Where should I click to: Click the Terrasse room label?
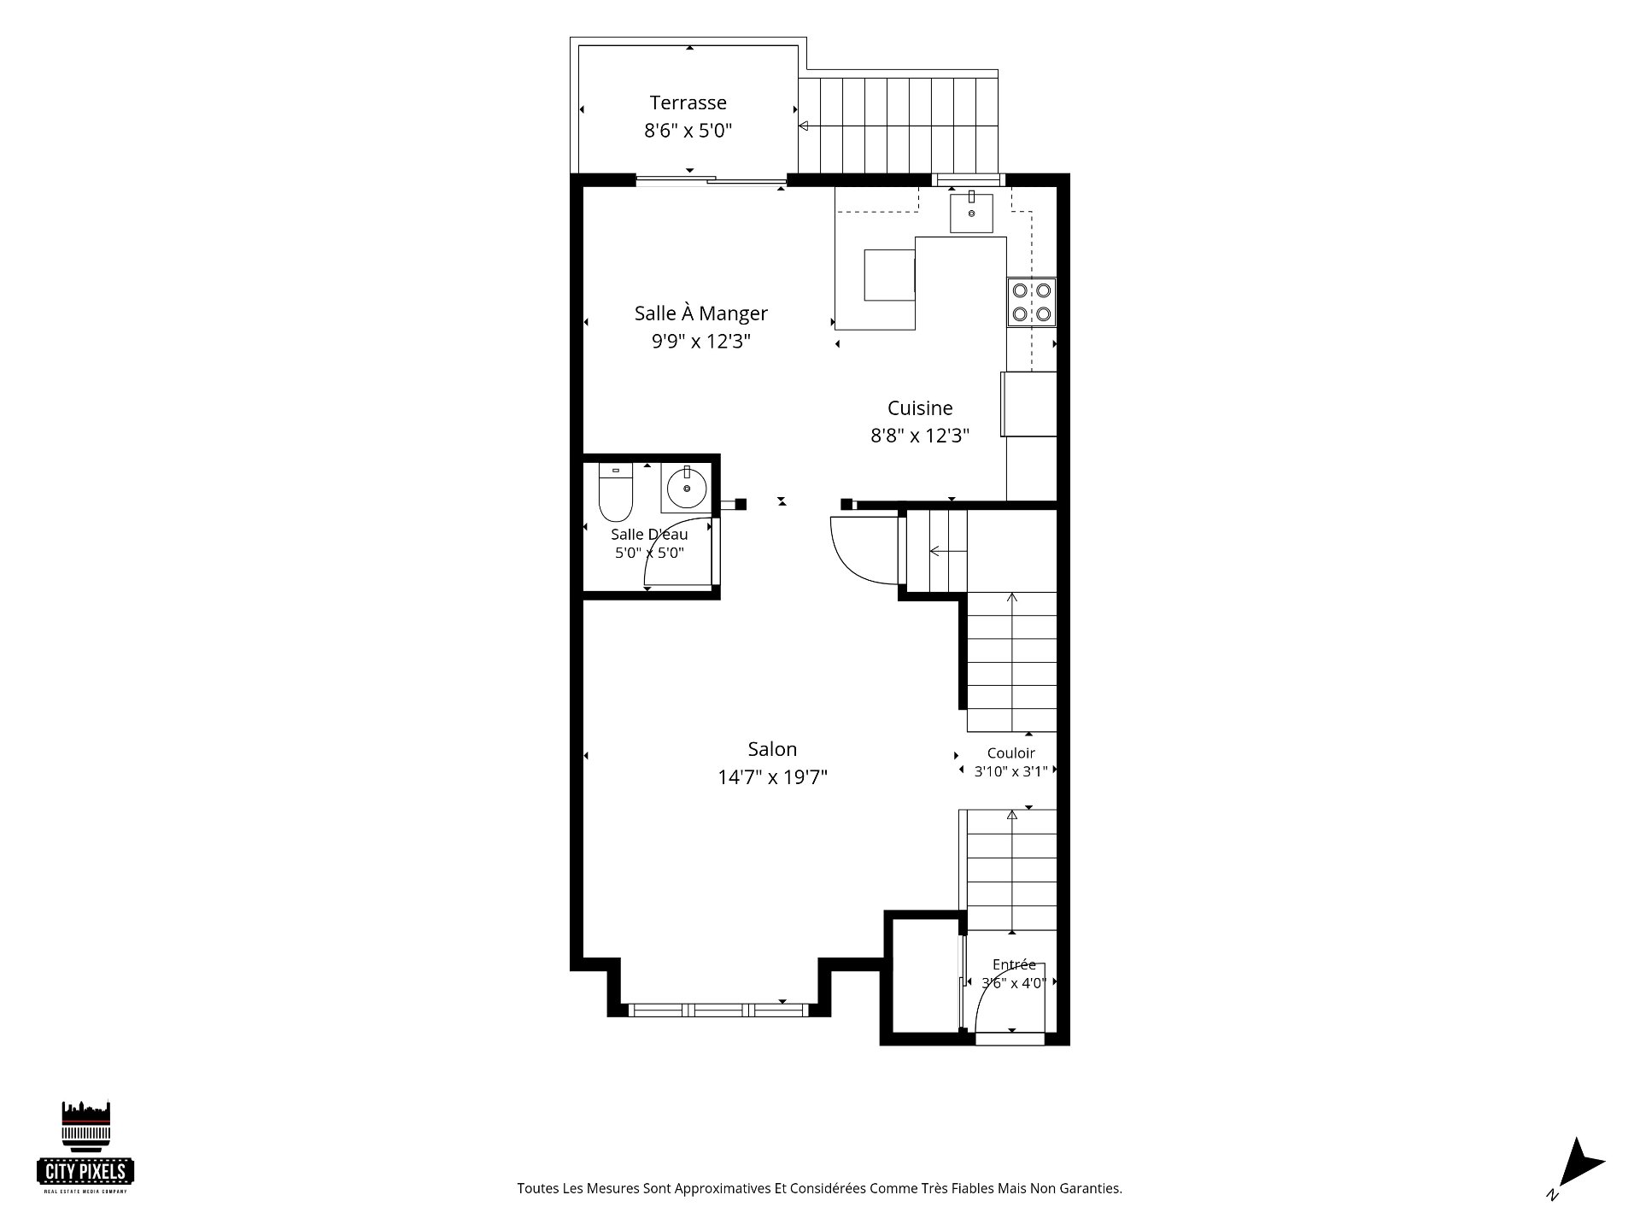pyautogui.click(x=688, y=102)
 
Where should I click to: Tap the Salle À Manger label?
pyautogui.click(x=700, y=313)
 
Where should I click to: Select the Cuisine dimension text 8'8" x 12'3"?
pyautogui.click(x=920, y=436)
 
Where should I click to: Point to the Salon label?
pyautogui.click(x=772, y=749)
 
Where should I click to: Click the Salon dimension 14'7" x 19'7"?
pyautogui.click(x=772, y=777)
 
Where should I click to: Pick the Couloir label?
pyautogui.click(x=1010, y=753)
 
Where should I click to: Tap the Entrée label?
pyautogui.click(x=1014, y=964)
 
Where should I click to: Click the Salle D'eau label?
pyautogui.click(x=649, y=535)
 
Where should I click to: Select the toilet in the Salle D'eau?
pyautogui.click(x=615, y=492)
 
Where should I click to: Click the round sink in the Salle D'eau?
pyautogui.click(x=686, y=489)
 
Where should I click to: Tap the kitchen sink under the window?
pyautogui.click(x=971, y=213)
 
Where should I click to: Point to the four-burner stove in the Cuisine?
pyautogui.click(x=1031, y=302)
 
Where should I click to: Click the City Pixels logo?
pyautogui.click(x=85, y=1147)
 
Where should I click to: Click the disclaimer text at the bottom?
pyautogui.click(x=819, y=1188)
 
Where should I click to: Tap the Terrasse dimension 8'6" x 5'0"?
pyautogui.click(x=688, y=131)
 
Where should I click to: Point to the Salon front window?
pyautogui.click(x=717, y=1010)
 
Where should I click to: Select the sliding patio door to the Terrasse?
pyautogui.click(x=711, y=179)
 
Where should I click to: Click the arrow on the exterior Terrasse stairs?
pyautogui.click(x=898, y=126)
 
